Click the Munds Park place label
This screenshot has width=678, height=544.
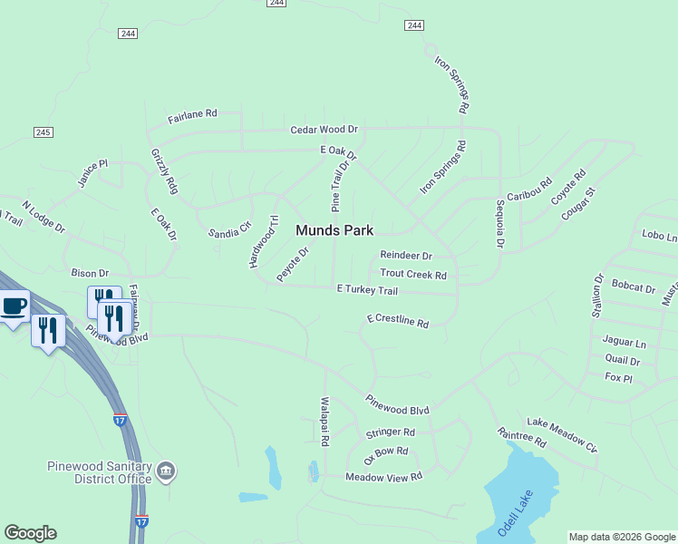tap(334, 231)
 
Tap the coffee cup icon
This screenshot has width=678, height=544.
tap(14, 306)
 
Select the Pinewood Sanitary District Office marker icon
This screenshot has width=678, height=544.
tap(167, 471)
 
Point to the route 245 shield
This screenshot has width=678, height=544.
tap(43, 132)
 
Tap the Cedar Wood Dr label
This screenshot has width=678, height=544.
tap(324, 131)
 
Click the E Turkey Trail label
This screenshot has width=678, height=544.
tap(367, 290)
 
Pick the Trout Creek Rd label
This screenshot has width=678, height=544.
tap(413, 274)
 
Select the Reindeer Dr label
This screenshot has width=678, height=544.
tap(405, 257)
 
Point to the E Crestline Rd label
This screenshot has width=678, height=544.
tap(397, 321)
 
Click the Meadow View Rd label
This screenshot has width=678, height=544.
tap(383, 477)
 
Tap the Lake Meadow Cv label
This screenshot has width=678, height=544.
tap(562, 435)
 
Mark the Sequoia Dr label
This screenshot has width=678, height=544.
tap(499, 225)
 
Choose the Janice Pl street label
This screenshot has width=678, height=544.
tap(92, 172)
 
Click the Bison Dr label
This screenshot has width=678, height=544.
tap(90, 273)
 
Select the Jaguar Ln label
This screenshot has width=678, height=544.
tap(625, 343)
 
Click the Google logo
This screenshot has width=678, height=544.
tap(30, 533)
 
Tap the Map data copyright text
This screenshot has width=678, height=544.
tap(622, 537)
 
